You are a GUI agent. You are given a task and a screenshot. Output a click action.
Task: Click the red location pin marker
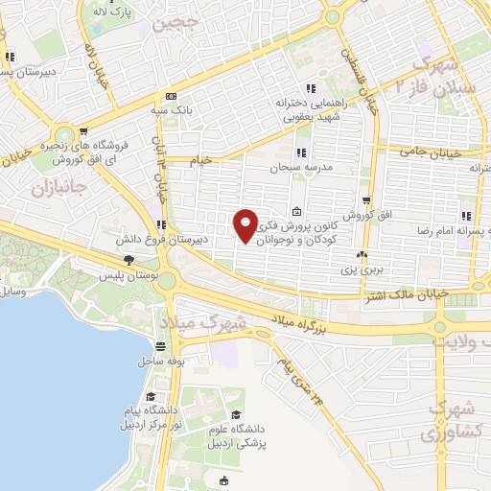point(246,224)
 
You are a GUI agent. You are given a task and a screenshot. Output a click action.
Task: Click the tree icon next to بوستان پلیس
point(128,259)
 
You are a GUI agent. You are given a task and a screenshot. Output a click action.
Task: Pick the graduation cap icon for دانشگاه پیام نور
point(150,396)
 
